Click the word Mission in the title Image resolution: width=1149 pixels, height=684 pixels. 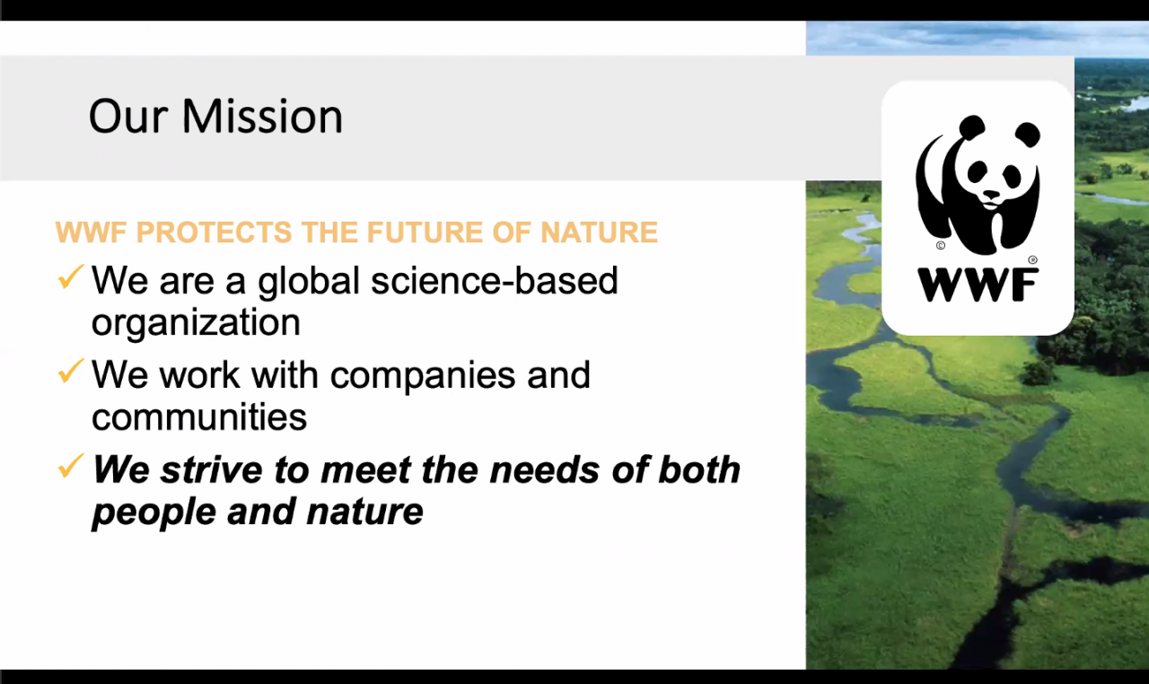[x=262, y=117]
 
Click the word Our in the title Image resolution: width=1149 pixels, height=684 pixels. [x=128, y=117]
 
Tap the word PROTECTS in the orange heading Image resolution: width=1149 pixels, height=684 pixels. [x=214, y=232]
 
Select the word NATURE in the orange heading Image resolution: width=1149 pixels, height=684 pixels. [x=599, y=232]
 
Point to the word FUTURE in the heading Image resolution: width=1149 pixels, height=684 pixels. [x=424, y=232]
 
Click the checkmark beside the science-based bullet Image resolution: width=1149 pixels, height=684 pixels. [x=71, y=276]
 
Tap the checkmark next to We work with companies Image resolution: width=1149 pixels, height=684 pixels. [x=71, y=371]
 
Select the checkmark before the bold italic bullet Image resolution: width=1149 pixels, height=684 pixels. [x=71, y=465]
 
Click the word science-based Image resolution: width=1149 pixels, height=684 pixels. [x=495, y=281]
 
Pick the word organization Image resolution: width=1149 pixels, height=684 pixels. [x=196, y=324]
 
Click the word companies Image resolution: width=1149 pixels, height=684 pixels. [x=422, y=377]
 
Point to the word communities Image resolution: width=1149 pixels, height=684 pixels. [x=199, y=417]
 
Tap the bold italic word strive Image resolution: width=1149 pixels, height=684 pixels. [x=211, y=469]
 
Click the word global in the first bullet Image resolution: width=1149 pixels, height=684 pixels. [x=309, y=282]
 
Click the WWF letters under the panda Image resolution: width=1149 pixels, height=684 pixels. [x=978, y=285]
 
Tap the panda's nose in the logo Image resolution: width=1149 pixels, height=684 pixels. [x=991, y=195]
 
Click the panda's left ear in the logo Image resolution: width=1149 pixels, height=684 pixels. [x=971, y=127]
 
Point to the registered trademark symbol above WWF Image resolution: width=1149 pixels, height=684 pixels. [x=1033, y=260]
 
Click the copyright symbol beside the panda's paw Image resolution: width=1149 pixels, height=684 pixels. [x=941, y=245]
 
